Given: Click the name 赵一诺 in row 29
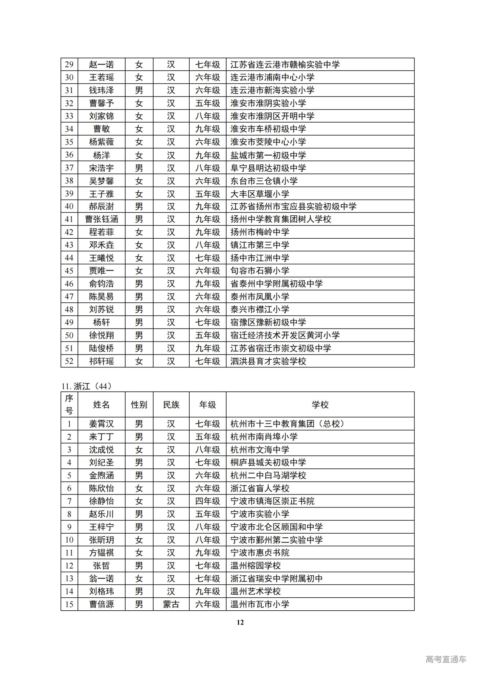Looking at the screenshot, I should point(101,64).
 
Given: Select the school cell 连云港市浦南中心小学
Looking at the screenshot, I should point(272,77).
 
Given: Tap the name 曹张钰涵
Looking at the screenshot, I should point(101,219).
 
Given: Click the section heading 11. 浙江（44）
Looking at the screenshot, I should point(86,386).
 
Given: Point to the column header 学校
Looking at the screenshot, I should point(320,405).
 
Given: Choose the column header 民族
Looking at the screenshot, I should point(171,405).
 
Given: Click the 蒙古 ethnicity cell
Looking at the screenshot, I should point(171,604).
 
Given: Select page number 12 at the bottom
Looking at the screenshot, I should point(240,622).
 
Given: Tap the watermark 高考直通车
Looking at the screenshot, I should point(446,659).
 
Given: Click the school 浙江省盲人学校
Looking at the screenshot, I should point(260,488).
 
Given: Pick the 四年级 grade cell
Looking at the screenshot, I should point(208,501).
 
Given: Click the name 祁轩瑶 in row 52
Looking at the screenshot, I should point(101,361).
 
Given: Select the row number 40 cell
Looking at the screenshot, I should point(69,206).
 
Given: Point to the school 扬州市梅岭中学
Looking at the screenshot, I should point(260,232).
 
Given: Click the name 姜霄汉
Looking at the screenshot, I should point(101,424).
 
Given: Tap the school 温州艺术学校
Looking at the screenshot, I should point(256,591).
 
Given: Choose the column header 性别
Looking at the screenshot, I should point(139,405).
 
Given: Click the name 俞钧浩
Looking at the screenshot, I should point(101,284).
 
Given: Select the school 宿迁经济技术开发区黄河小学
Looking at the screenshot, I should point(285,335).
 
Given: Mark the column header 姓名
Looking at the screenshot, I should point(101,405).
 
